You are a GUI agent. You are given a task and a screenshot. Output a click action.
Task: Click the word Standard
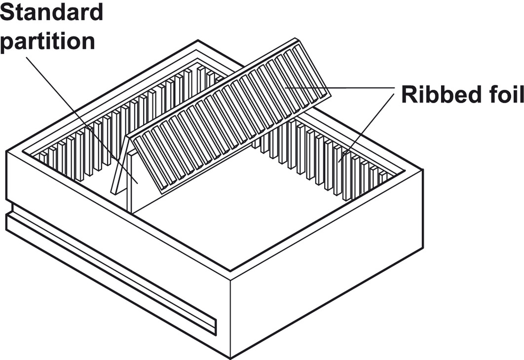coord(52,12)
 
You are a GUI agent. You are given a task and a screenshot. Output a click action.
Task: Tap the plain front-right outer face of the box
coord(326,266)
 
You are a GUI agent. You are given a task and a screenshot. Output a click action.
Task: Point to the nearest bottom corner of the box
coord(230,356)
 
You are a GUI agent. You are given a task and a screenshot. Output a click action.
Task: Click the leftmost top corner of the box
coord(6,151)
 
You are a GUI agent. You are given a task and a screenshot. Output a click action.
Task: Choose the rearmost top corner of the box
coord(198,41)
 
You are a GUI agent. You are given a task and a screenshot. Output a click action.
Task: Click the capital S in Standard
coord(7,12)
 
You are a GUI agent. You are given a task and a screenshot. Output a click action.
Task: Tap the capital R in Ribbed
coord(409,95)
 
